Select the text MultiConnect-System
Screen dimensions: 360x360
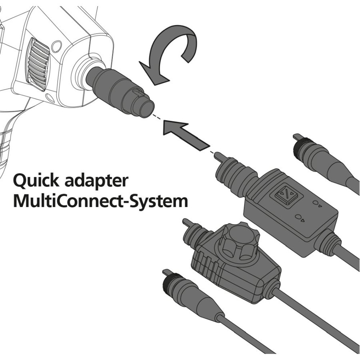(100, 201)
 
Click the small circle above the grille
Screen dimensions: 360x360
(56, 46)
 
